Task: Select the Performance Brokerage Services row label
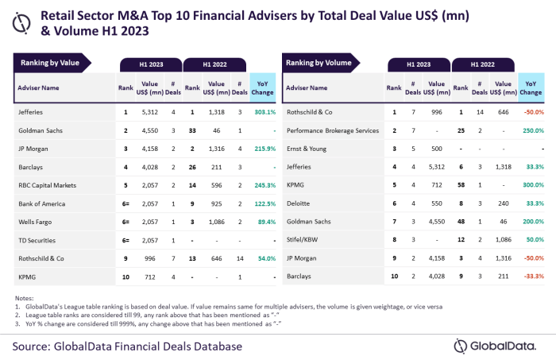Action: (330, 130)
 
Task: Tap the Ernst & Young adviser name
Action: (307, 148)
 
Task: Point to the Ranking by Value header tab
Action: (52, 62)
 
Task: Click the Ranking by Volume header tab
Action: (322, 62)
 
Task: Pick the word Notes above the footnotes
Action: (25, 297)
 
